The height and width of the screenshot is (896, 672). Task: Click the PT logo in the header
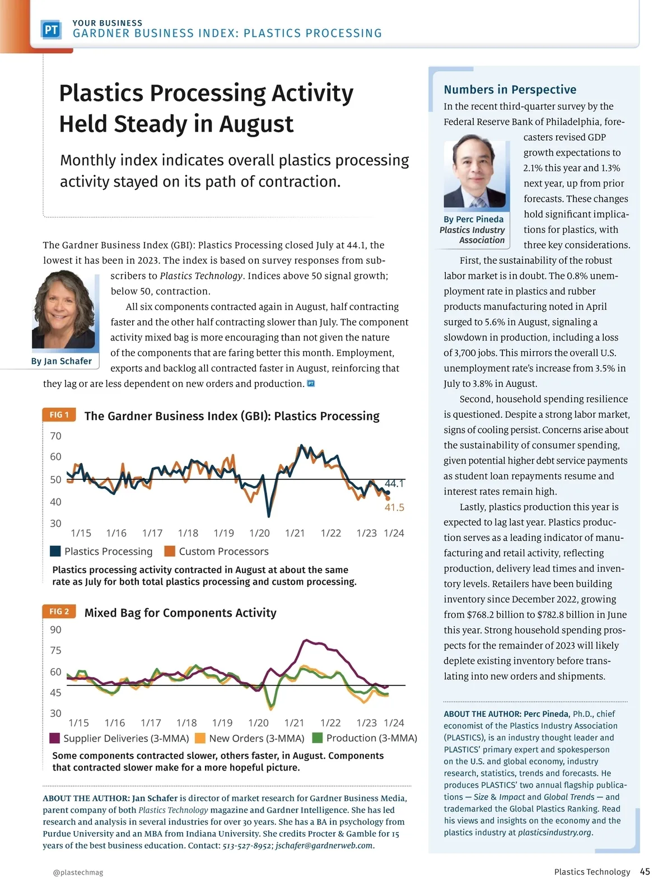pos(51,30)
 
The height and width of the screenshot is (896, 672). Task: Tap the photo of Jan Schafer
pos(63,310)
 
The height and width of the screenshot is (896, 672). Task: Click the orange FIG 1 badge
pos(59,415)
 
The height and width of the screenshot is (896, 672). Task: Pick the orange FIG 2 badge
pos(59,612)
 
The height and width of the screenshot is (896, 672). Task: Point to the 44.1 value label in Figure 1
pos(394,483)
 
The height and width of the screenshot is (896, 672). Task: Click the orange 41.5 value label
pos(394,507)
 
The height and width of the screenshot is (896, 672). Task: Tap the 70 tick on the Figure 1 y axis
pos(55,436)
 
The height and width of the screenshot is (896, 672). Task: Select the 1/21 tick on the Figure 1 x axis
pos(295,533)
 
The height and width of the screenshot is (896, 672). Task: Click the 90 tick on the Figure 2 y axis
pos(55,629)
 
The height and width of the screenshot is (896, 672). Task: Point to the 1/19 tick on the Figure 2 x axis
pos(222,723)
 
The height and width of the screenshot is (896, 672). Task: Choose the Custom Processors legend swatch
pos(170,552)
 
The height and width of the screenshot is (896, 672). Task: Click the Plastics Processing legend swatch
pos(55,552)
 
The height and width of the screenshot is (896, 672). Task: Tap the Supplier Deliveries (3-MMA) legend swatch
pos(55,738)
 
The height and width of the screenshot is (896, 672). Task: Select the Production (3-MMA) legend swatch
pos(318,738)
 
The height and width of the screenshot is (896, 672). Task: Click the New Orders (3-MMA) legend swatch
pos(200,738)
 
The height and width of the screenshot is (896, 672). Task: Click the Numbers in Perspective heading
pos(510,90)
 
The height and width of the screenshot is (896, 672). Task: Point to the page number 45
pos(645,872)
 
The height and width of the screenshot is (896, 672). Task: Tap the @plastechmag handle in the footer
pos(78,872)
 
